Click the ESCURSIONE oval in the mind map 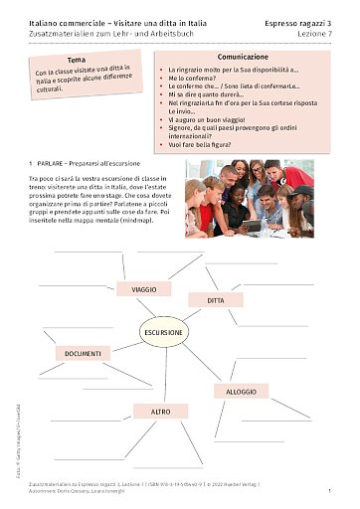click(162, 331)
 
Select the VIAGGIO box click(143, 289)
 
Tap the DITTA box click(217, 299)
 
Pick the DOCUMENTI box click(84, 353)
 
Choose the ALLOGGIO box click(241, 391)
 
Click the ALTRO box click(160, 410)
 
